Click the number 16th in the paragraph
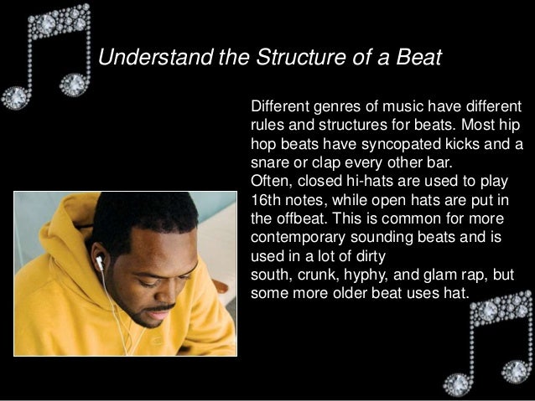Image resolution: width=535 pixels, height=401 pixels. (x=267, y=198)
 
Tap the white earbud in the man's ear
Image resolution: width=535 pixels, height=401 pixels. (x=99, y=262)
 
